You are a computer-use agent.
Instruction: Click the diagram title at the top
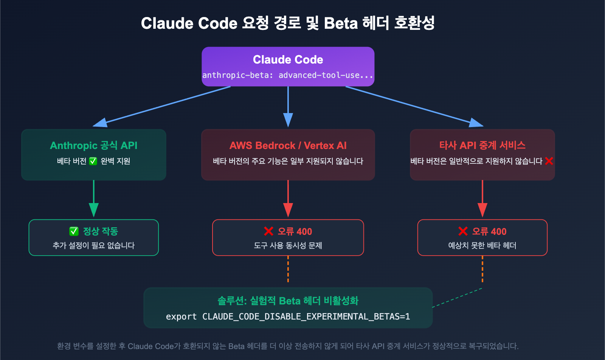pos(288,23)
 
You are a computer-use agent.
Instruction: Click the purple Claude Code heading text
pos(288,59)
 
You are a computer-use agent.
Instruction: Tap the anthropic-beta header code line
pos(288,75)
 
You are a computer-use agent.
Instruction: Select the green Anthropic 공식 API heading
pos(93,146)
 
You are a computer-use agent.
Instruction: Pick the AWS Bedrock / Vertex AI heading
pos(288,146)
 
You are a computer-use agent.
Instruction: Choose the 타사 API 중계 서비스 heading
pos(482,146)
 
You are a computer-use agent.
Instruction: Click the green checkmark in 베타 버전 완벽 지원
pos(93,161)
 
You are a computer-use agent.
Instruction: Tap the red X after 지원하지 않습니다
pos(549,161)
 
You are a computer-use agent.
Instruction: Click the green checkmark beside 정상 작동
pos(74,231)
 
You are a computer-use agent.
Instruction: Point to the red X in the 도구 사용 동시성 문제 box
pos(268,231)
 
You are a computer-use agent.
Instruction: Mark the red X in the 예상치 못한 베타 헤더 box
pos(463,231)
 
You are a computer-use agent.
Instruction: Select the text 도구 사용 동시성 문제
pos(288,246)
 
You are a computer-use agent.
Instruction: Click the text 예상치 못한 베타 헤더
pos(482,246)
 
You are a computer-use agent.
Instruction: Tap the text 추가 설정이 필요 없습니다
pos(93,246)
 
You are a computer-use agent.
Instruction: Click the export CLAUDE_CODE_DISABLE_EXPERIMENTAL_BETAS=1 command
pos(288,317)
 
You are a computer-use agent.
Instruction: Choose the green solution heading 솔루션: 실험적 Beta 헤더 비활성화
pos(288,301)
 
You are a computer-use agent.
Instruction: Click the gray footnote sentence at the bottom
pos(288,346)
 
